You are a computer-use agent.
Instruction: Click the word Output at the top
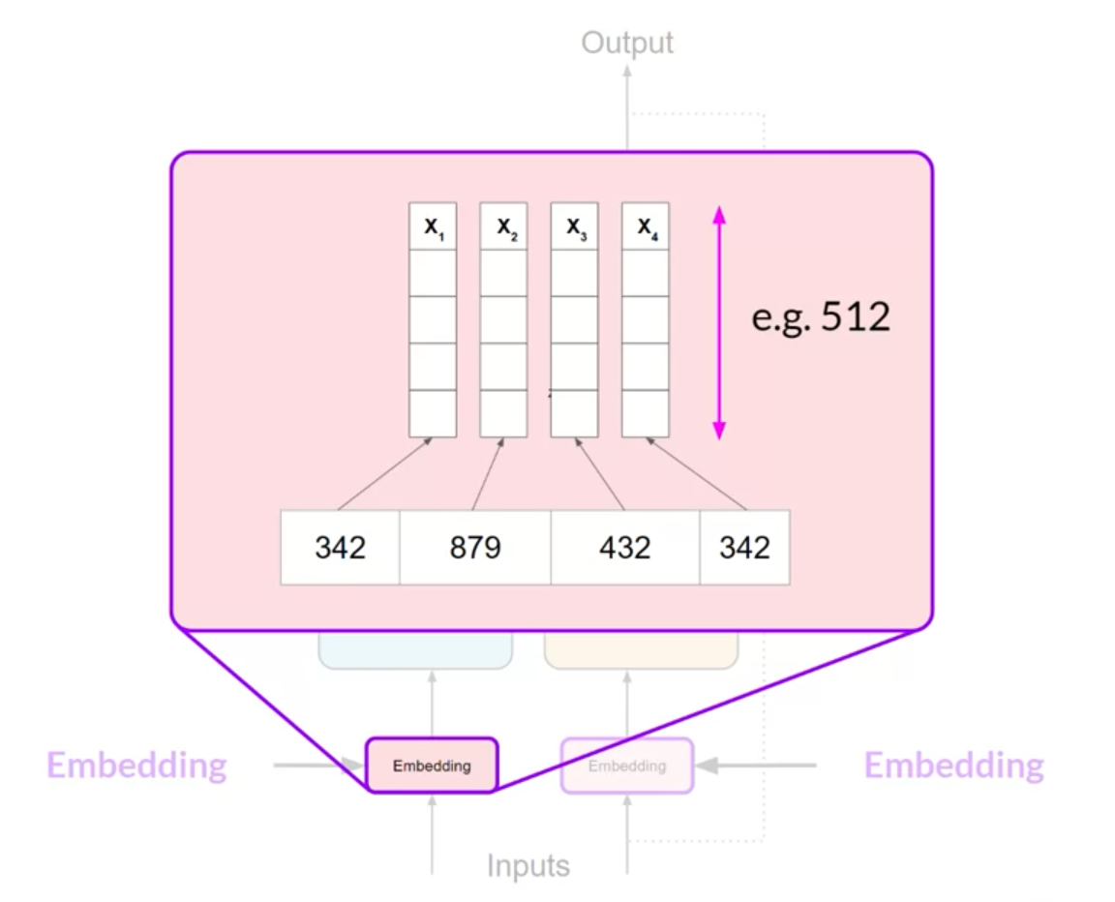pyautogui.click(x=627, y=44)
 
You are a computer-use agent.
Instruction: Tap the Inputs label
pyautogui.click(x=527, y=864)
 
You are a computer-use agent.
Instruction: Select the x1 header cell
pyautogui.click(x=433, y=226)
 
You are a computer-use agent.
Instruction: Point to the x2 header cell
pyautogui.click(x=504, y=226)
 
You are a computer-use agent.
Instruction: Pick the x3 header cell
pyautogui.click(x=575, y=226)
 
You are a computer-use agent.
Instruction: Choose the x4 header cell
pyautogui.click(x=646, y=226)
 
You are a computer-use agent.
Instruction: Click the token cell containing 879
pyautogui.click(x=475, y=548)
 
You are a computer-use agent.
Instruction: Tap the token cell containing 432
pyautogui.click(x=625, y=548)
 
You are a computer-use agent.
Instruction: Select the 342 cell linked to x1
pyautogui.click(x=341, y=548)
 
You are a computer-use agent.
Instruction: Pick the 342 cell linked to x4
pyautogui.click(x=744, y=548)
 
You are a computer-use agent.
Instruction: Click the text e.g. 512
pyautogui.click(x=821, y=316)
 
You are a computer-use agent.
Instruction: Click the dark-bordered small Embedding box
pyautogui.click(x=432, y=766)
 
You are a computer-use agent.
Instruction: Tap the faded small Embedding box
pyautogui.click(x=627, y=766)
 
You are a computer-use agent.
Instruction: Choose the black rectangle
pyautogui.click(x=1090, y=764)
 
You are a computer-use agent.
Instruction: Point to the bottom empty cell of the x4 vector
pyautogui.click(x=646, y=413)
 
